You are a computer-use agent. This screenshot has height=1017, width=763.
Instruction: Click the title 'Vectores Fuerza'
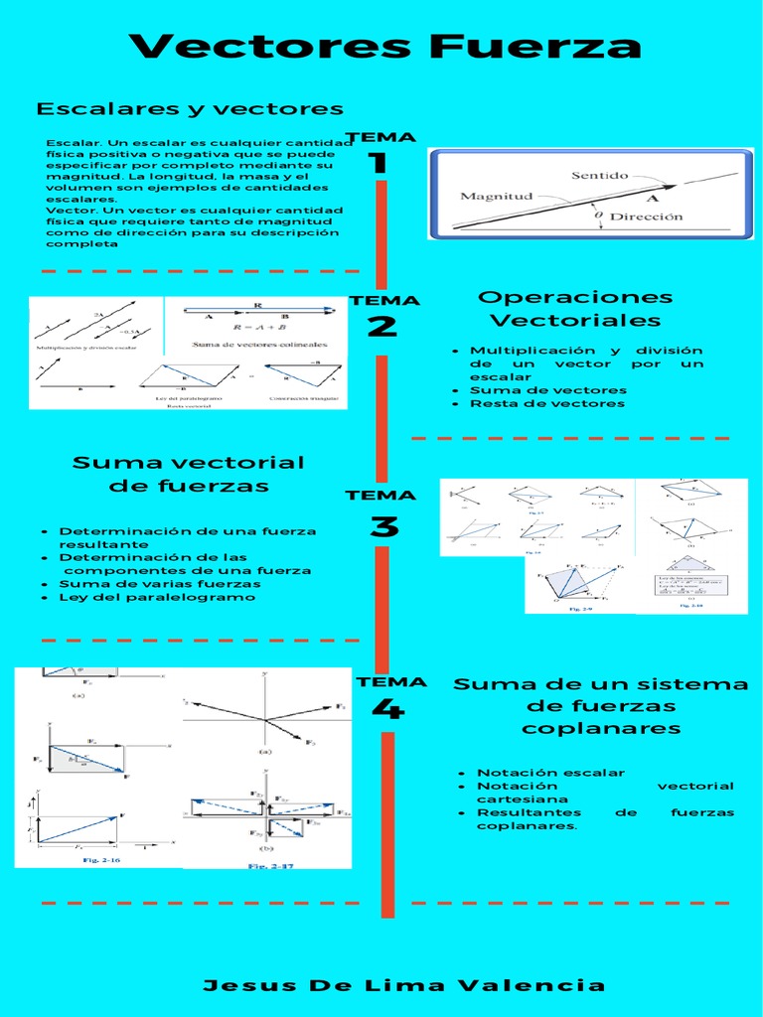[x=385, y=46]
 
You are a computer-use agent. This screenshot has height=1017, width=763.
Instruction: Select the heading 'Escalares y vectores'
[x=190, y=108]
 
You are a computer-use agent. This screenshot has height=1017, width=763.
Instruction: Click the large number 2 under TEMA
[x=381, y=327]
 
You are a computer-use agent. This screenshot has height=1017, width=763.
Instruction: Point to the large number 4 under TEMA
[x=387, y=709]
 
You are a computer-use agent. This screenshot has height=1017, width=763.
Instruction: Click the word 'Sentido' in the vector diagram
[x=599, y=175]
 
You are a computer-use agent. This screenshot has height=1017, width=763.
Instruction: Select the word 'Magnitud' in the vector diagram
[x=497, y=196]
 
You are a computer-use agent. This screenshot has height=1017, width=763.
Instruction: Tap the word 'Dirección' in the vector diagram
[x=646, y=216]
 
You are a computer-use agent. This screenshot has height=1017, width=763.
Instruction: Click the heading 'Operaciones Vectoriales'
[x=575, y=309]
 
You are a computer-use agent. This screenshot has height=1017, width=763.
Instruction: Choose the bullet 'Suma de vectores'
[x=548, y=390]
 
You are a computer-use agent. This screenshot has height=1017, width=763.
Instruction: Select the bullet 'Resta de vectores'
[x=547, y=403]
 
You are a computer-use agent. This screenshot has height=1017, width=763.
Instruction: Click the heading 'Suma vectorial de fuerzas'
[x=188, y=474]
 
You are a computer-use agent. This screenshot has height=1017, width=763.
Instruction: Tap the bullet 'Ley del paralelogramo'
[x=157, y=597]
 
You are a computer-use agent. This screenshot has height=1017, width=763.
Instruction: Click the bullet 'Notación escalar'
[x=550, y=773]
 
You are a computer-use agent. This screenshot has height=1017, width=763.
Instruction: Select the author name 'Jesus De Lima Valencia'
[x=403, y=985]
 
